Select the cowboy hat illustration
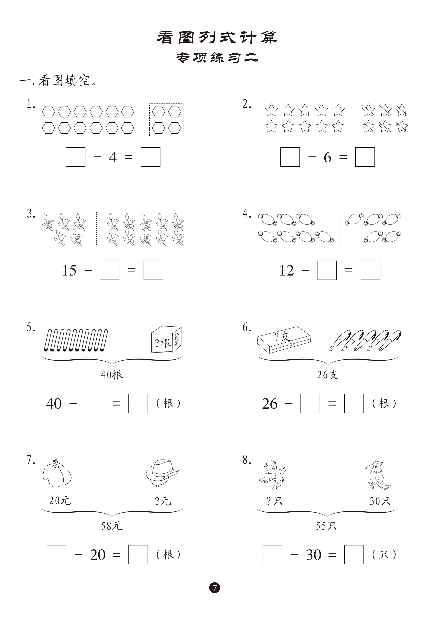(162, 472)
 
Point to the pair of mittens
(57, 473)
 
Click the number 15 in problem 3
(69, 270)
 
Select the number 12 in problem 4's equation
(287, 270)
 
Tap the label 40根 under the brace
(112, 375)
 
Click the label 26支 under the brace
(328, 375)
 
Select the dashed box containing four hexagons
(166, 120)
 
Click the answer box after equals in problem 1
(150, 157)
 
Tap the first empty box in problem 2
(290, 157)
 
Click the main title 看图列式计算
(217, 37)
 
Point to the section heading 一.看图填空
(58, 81)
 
